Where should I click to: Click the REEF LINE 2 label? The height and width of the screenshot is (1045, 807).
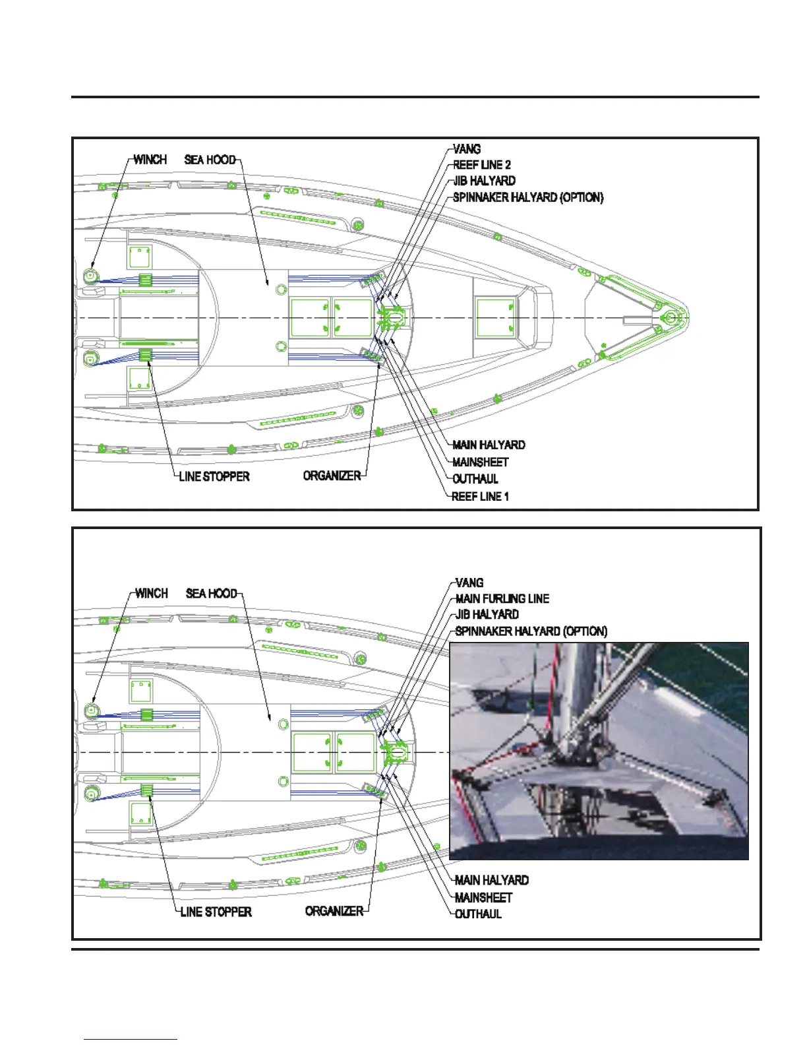click(482, 165)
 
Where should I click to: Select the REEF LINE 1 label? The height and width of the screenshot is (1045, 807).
click(481, 496)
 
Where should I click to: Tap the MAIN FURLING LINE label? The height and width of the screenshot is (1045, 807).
click(502, 598)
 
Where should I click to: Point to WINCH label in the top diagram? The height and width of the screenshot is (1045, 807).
click(150, 160)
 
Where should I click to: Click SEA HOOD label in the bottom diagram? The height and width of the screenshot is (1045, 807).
click(211, 593)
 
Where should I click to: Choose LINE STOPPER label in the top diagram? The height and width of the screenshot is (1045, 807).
click(214, 476)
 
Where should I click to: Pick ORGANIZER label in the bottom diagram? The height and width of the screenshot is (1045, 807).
click(334, 911)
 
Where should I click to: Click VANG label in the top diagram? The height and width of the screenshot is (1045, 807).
click(467, 149)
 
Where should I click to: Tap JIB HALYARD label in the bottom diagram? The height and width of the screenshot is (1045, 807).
click(487, 614)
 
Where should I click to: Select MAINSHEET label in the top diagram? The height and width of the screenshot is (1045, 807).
click(481, 462)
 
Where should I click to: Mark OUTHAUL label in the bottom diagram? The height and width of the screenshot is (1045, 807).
click(479, 914)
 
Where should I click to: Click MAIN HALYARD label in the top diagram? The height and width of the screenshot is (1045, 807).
click(489, 445)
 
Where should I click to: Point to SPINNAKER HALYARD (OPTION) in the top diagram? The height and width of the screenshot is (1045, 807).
click(528, 197)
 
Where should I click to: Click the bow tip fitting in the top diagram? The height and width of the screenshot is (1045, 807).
click(671, 318)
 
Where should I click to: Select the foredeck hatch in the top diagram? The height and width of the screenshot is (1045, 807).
click(495, 317)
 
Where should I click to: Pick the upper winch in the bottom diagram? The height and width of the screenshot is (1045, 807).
click(91, 711)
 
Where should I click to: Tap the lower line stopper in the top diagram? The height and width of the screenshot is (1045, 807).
click(146, 356)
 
